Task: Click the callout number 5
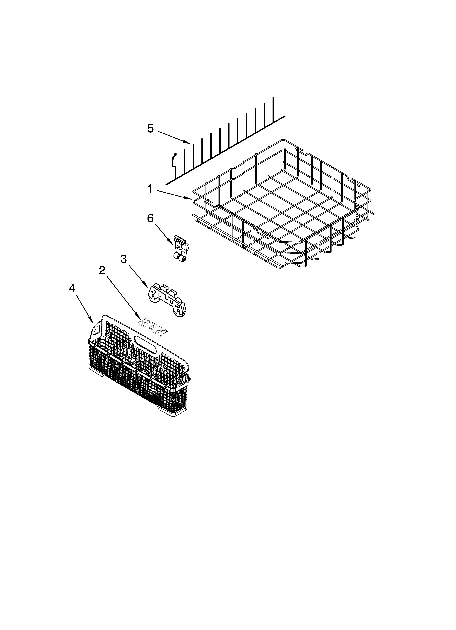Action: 150,129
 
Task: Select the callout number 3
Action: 124,259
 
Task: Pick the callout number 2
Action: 102,270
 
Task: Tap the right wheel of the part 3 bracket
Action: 181,313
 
